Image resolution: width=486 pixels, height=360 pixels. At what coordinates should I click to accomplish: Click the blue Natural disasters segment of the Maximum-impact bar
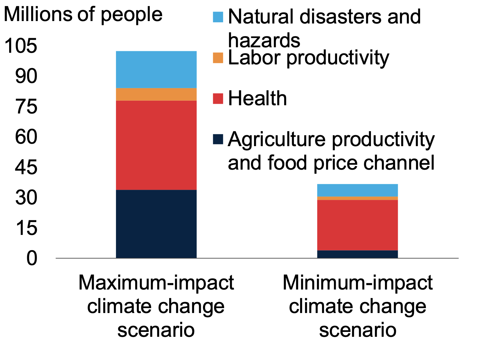[156, 70]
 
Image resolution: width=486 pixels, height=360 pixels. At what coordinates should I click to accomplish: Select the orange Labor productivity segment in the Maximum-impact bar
[156, 94]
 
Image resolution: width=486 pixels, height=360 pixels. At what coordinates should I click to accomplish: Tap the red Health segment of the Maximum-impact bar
[156, 145]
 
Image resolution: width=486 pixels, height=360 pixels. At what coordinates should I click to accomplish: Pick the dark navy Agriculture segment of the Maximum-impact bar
[156, 224]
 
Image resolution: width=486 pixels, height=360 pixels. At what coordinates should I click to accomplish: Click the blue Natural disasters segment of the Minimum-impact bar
[357, 190]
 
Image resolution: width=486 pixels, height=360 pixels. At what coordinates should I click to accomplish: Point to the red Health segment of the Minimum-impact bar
[357, 225]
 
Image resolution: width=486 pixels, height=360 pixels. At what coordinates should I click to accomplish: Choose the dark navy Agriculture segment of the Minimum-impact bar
[357, 254]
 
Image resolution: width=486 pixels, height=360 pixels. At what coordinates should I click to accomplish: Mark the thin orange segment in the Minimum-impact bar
[357, 198]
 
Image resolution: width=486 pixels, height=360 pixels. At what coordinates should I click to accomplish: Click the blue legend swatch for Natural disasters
[218, 17]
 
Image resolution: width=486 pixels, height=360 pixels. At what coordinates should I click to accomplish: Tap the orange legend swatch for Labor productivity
[218, 58]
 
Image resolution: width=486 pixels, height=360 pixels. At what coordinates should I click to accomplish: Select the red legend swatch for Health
[218, 99]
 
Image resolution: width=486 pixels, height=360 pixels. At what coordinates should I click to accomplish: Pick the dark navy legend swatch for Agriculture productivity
[218, 139]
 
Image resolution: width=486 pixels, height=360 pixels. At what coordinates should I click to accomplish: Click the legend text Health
[257, 99]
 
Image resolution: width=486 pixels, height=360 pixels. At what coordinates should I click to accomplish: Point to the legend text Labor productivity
[308, 58]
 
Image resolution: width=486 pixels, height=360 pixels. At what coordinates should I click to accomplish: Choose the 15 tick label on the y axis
[26, 228]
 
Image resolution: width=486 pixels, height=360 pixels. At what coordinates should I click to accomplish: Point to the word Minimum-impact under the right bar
[357, 283]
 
